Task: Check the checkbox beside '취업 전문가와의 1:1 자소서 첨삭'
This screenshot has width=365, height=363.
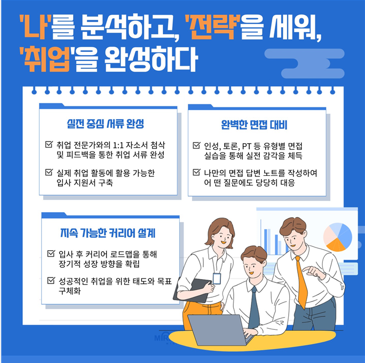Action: coord(50,145)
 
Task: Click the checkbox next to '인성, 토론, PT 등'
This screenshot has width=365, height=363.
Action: coord(196,146)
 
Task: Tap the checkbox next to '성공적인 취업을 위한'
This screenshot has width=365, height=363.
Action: coord(51,280)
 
